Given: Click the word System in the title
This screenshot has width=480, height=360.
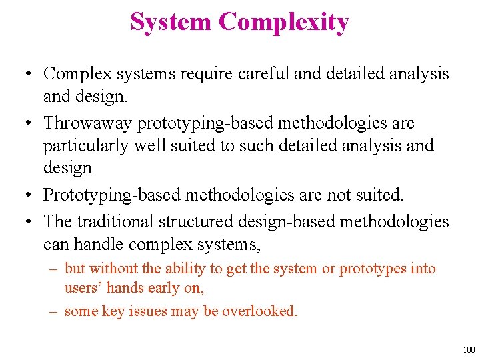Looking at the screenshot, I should (x=171, y=23).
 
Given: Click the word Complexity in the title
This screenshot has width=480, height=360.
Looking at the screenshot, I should (x=283, y=23).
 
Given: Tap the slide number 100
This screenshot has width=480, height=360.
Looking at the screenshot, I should (x=469, y=349).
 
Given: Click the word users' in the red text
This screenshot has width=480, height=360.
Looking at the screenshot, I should (x=83, y=288).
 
